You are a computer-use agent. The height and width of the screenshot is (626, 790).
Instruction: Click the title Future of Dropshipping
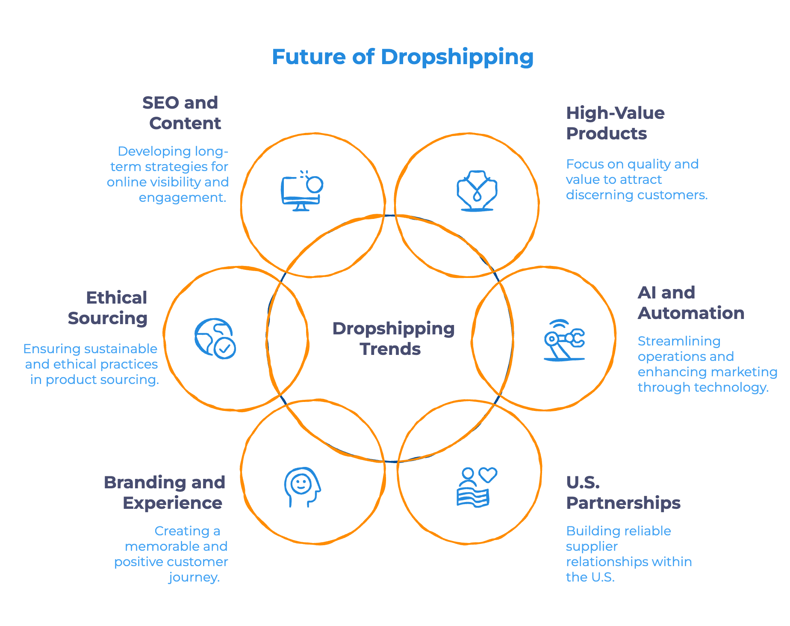403,57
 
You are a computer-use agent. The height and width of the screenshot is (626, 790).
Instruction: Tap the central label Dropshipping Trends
393,339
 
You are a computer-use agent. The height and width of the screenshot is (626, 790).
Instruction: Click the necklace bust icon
477,191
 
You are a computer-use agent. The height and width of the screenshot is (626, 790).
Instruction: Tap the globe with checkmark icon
215,338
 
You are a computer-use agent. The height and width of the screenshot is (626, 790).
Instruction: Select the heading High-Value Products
615,123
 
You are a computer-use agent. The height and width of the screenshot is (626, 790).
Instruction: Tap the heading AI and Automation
690,303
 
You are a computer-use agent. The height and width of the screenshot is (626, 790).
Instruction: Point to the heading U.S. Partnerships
622,493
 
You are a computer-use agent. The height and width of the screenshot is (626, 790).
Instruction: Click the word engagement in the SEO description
182,198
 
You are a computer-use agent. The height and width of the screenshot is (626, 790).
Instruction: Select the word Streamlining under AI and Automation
679,341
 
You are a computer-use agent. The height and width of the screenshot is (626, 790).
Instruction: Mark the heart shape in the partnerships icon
488,474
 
